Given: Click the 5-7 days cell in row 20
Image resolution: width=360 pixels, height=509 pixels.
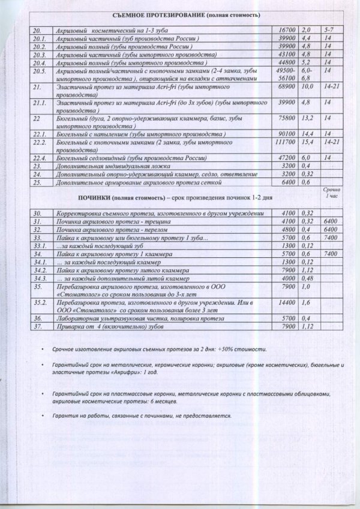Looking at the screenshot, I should [x=329, y=29].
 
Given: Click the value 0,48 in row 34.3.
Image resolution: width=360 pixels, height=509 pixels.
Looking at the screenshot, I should [x=307, y=279].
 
